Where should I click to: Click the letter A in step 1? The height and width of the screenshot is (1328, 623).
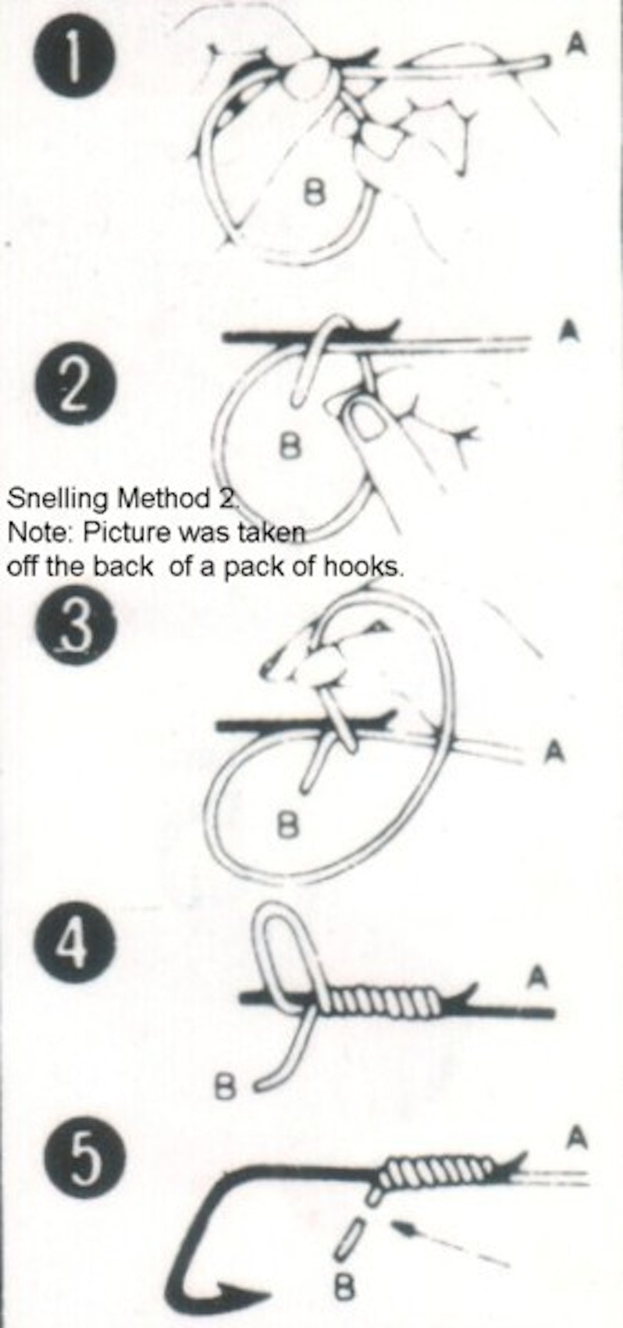(x=575, y=45)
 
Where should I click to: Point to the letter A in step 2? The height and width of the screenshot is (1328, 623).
(x=571, y=330)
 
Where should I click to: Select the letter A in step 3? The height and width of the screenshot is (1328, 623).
(x=554, y=751)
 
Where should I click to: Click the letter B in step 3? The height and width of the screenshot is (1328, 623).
(x=288, y=824)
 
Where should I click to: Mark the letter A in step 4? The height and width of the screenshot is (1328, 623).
(x=537, y=976)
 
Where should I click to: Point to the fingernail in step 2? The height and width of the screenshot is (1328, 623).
(x=365, y=420)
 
